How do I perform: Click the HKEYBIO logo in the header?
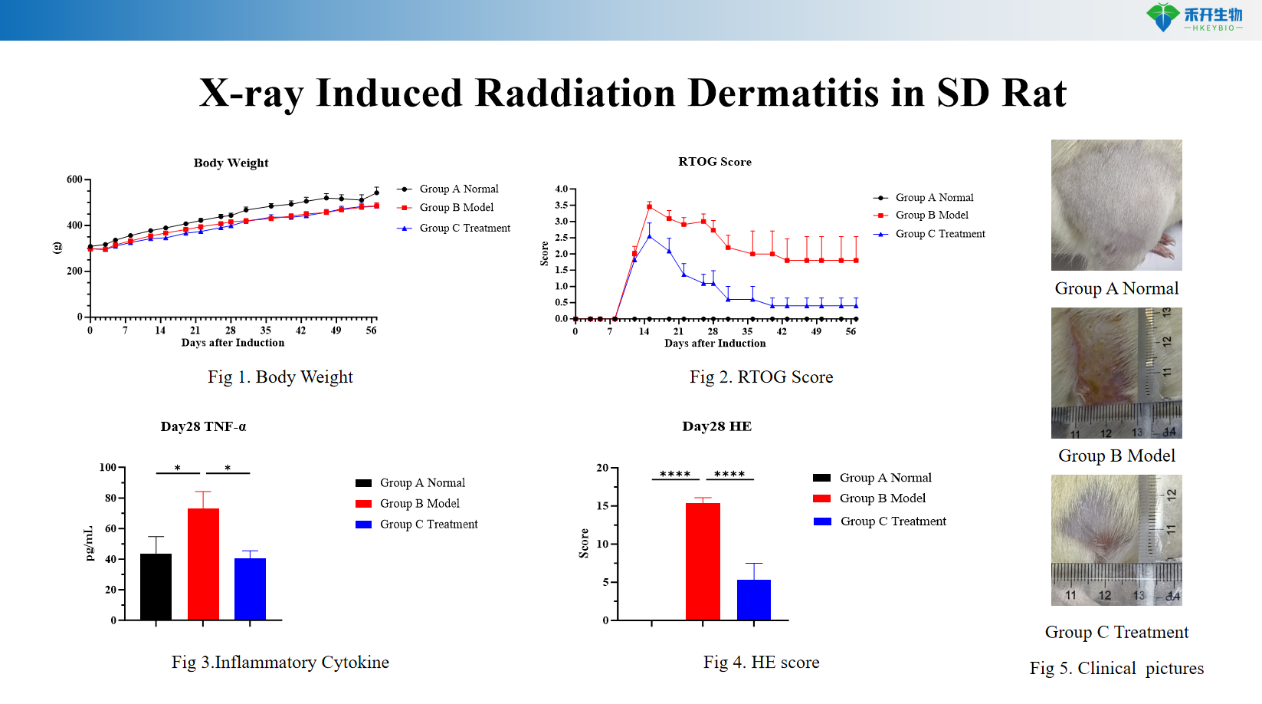(1194, 18)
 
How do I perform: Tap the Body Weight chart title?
(231, 163)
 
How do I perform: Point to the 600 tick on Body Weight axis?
(75, 179)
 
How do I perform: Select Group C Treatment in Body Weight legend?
(464, 228)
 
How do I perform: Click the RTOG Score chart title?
(714, 162)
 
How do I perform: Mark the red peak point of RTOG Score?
(649, 207)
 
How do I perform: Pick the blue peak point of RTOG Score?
(649, 236)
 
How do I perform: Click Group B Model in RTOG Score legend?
(931, 215)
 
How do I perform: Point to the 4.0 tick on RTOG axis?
(562, 189)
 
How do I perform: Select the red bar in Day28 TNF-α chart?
(203, 564)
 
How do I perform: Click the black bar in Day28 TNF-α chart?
(156, 586)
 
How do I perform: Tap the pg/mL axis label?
(89, 543)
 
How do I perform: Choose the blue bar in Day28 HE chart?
(753, 600)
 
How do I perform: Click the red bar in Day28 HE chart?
(703, 561)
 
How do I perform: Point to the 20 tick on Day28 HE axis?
(602, 468)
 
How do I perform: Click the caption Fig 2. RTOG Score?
(761, 377)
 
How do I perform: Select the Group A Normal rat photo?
(1116, 205)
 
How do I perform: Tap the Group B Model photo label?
(1116, 456)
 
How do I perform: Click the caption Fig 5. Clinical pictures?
(1116, 668)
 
